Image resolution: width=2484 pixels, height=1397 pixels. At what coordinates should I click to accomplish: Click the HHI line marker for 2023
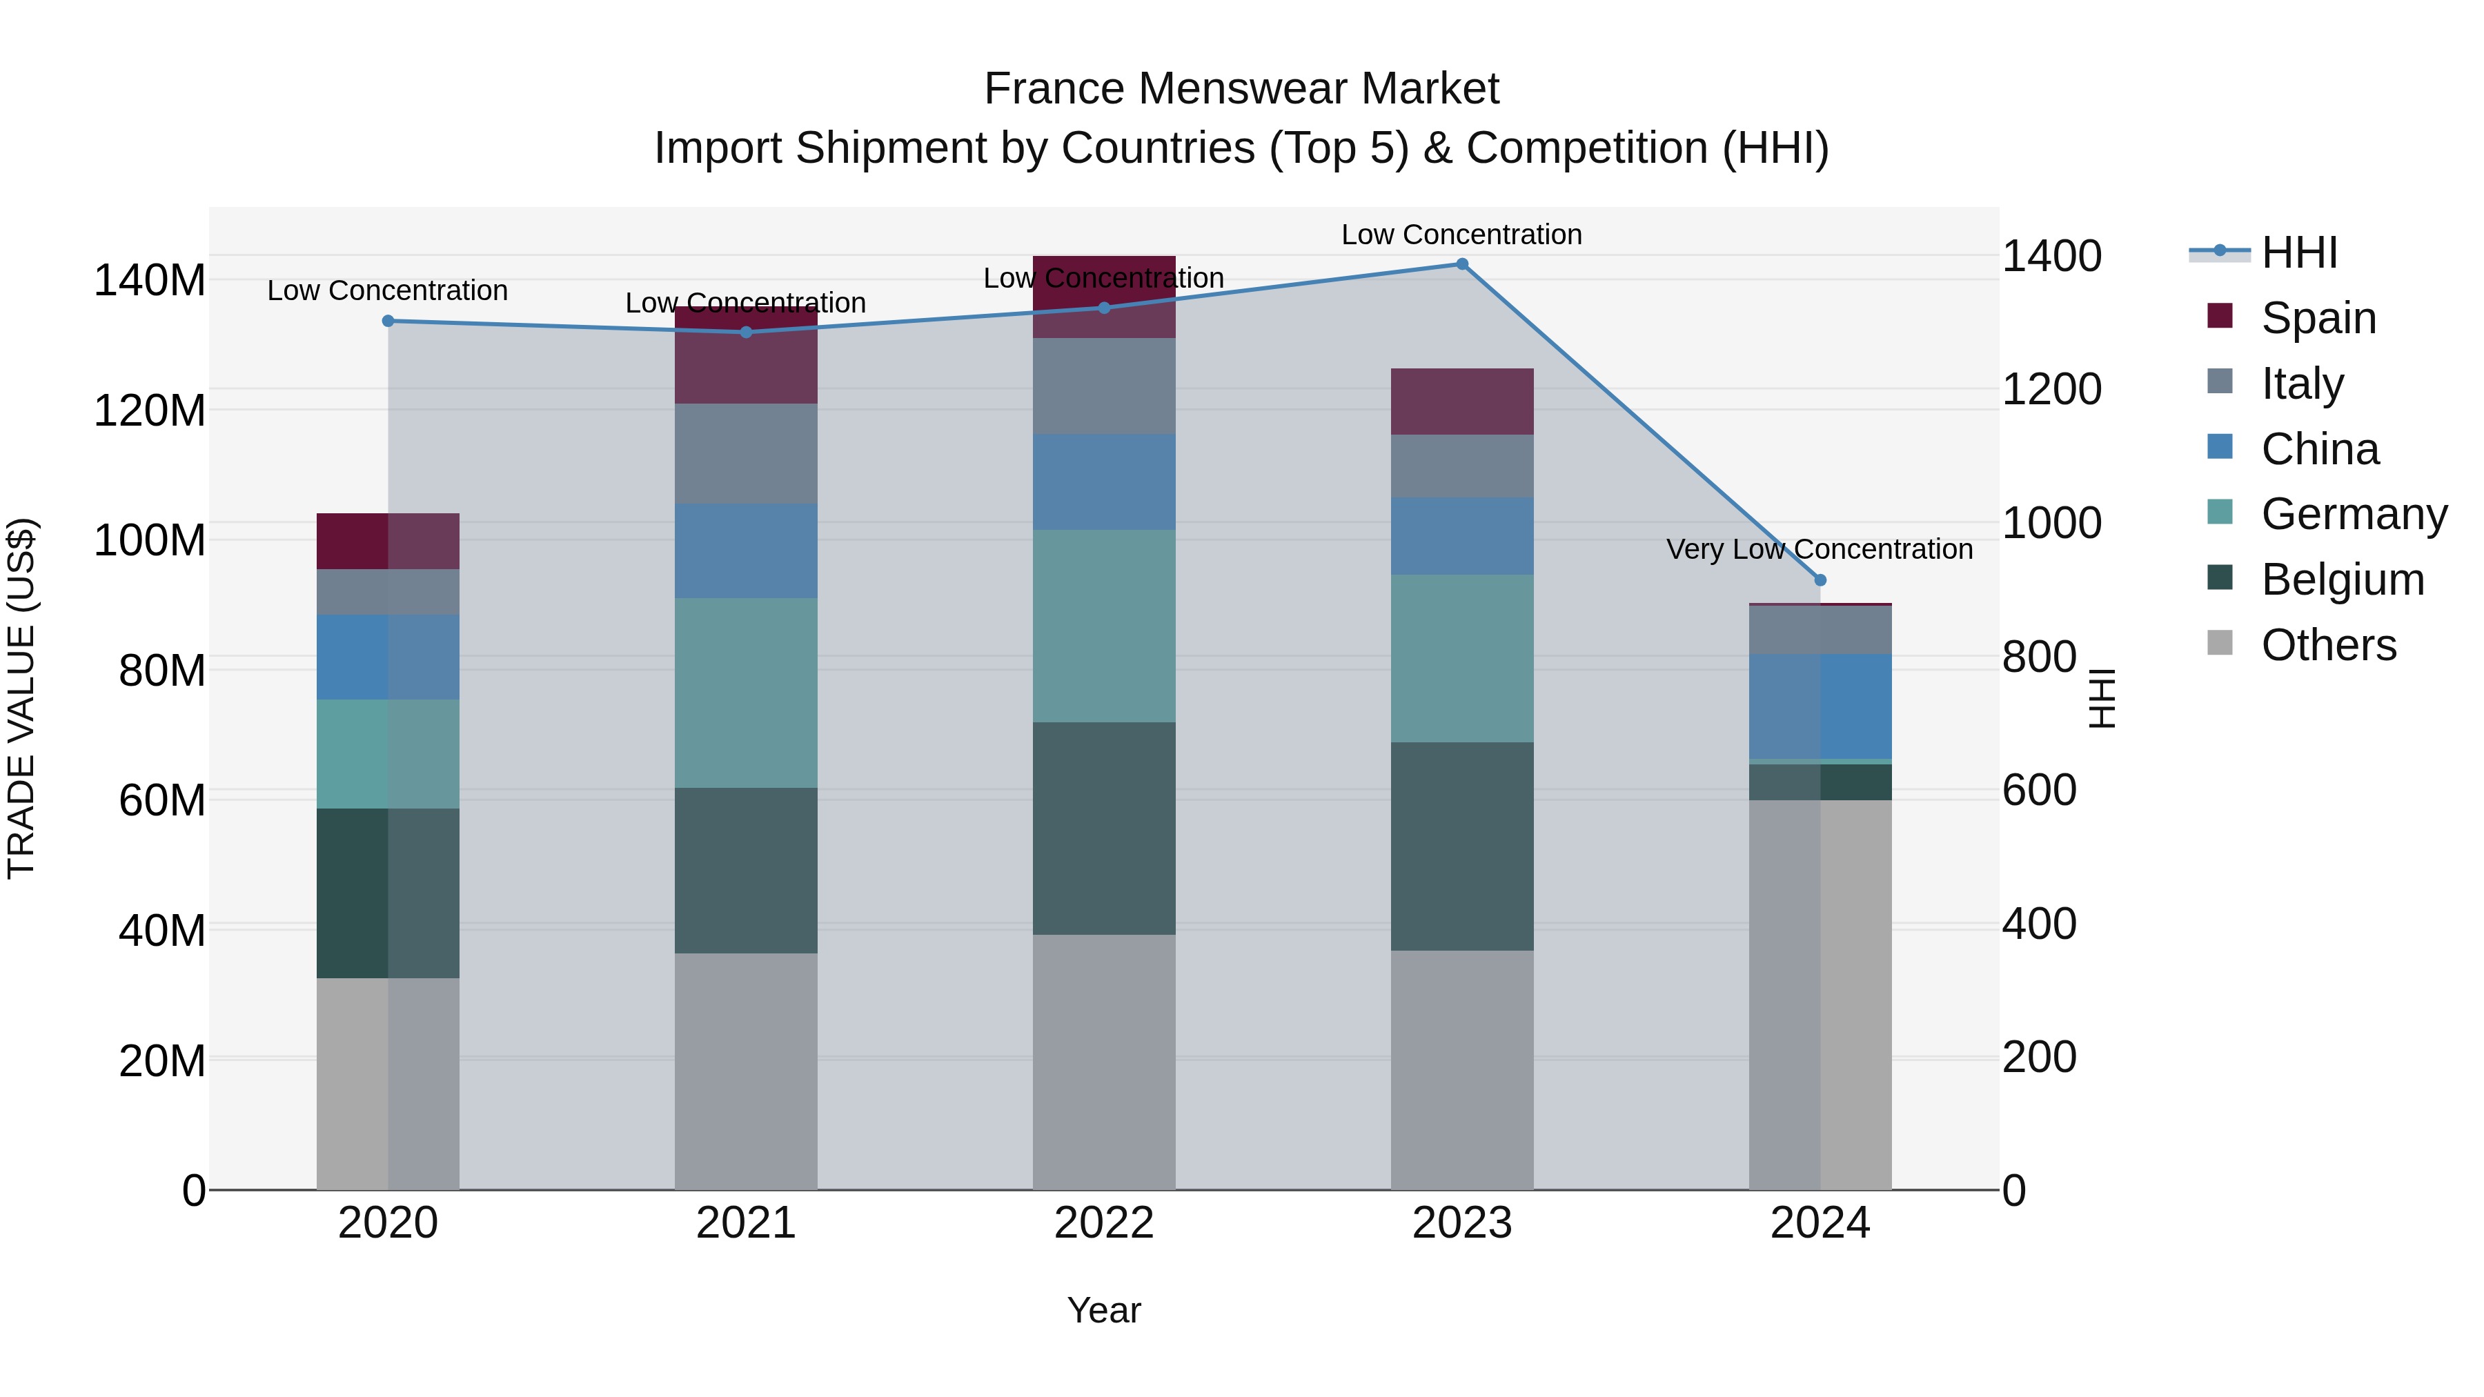point(1462,264)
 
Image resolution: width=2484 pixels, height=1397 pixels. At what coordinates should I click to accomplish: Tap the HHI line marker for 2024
point(1820,580)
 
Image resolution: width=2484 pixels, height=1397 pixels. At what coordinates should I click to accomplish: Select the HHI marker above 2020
point(388,321)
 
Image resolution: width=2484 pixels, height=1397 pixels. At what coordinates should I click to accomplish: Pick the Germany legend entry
point(2353,514)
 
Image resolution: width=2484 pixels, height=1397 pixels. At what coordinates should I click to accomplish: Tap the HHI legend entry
point(2299,252)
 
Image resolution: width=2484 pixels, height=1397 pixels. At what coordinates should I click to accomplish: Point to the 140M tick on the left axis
point(150,281)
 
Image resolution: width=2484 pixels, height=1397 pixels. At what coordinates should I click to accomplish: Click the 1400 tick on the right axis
point(2052,257)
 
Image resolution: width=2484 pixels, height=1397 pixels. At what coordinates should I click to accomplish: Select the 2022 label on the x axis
point(1104,1223)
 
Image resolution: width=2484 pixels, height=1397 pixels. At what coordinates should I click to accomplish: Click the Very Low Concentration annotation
point(1819,550)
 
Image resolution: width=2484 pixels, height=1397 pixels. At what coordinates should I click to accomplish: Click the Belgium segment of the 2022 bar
point(1104,828)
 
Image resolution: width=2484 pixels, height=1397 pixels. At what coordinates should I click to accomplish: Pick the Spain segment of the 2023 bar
point(1462,401)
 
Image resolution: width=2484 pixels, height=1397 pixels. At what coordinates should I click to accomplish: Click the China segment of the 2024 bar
point(1820,706)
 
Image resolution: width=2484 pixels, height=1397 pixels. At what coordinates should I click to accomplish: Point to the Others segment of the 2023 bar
point(1462,1069)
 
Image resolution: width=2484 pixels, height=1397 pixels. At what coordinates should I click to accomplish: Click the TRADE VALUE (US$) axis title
point(21,698)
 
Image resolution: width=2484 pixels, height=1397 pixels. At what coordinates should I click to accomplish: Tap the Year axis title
point(1104,1310)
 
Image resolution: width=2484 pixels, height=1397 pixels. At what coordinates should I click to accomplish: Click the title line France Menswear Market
point(1241,89)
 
